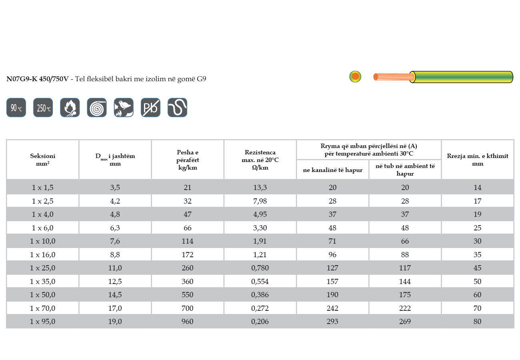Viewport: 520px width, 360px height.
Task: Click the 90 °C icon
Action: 16,108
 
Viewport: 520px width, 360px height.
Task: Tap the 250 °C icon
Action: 43,108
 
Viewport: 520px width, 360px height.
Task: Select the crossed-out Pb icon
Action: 150,108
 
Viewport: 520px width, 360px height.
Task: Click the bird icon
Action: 124,108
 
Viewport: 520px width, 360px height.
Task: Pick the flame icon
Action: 70,108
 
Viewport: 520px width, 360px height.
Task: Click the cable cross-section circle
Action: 355,76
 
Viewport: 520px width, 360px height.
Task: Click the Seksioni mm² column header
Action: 43,160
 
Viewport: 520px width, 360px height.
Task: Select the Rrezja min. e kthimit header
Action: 478,160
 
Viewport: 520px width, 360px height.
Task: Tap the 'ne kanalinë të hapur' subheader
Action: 332,170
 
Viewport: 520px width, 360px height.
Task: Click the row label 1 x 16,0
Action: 43,254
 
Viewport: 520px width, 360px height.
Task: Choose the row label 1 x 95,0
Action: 43,322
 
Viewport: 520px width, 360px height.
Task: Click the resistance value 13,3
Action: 260,188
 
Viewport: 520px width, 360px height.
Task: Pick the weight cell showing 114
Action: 188,241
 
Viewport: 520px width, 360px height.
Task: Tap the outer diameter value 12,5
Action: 115,282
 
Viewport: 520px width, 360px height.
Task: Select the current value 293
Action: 332,322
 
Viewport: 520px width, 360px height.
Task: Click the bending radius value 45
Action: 478,268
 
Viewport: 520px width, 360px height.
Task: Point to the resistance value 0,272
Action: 260,308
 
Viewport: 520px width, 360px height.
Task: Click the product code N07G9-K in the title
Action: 22,79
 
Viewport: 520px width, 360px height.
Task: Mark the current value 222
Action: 405,308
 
